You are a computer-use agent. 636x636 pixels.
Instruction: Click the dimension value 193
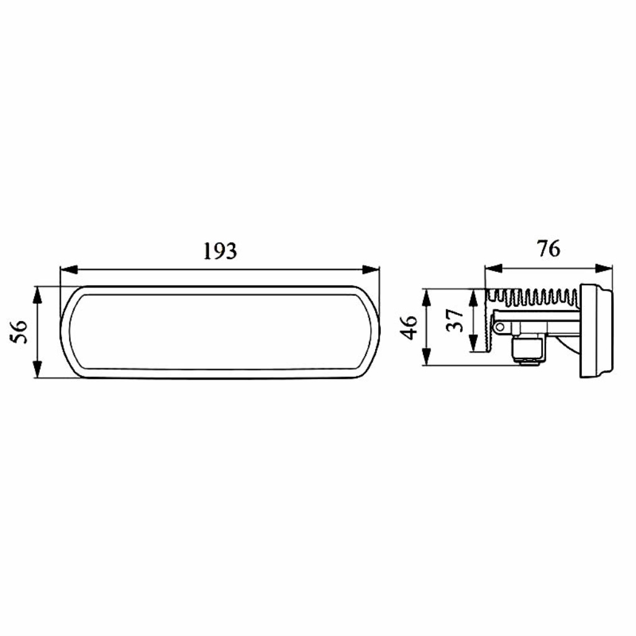(x=220, y=251)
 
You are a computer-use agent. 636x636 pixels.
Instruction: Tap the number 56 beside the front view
(x=19, y=332)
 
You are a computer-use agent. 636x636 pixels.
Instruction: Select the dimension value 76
(x=548, y=248)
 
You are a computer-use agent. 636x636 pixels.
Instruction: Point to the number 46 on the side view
(x=409, y=327)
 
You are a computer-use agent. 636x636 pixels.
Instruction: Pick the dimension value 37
(x=455, y=320)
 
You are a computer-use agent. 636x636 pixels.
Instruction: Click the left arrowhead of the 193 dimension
(x=68, y=270)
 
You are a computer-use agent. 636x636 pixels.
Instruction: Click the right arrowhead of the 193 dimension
(x=371, y=270)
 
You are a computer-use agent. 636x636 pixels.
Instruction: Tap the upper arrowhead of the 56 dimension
(x=37, y=295)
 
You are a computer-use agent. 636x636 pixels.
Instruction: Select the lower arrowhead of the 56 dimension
(x=37, y=370)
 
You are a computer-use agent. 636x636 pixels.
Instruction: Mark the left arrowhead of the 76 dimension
(x=494, y=268)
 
